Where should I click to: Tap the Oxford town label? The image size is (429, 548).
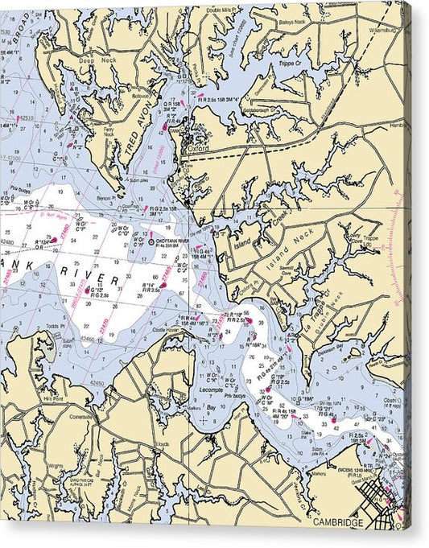(197, 149)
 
